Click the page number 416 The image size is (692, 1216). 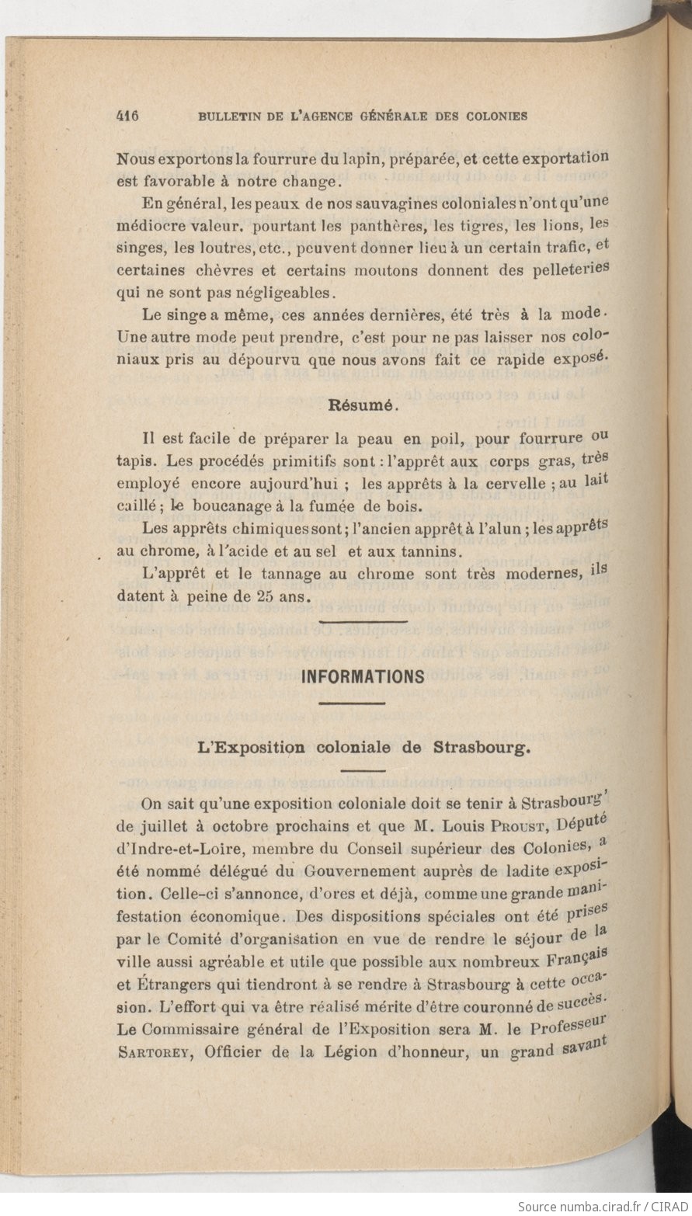pyautogui.click(x=127, y=116)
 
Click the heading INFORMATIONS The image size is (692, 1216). pyautogui.click(x=363, y=676)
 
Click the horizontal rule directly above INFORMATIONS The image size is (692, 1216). pyautogui.click(x=363, y=621)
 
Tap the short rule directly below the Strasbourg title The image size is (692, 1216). pyautogui.click(x=363, y=771)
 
